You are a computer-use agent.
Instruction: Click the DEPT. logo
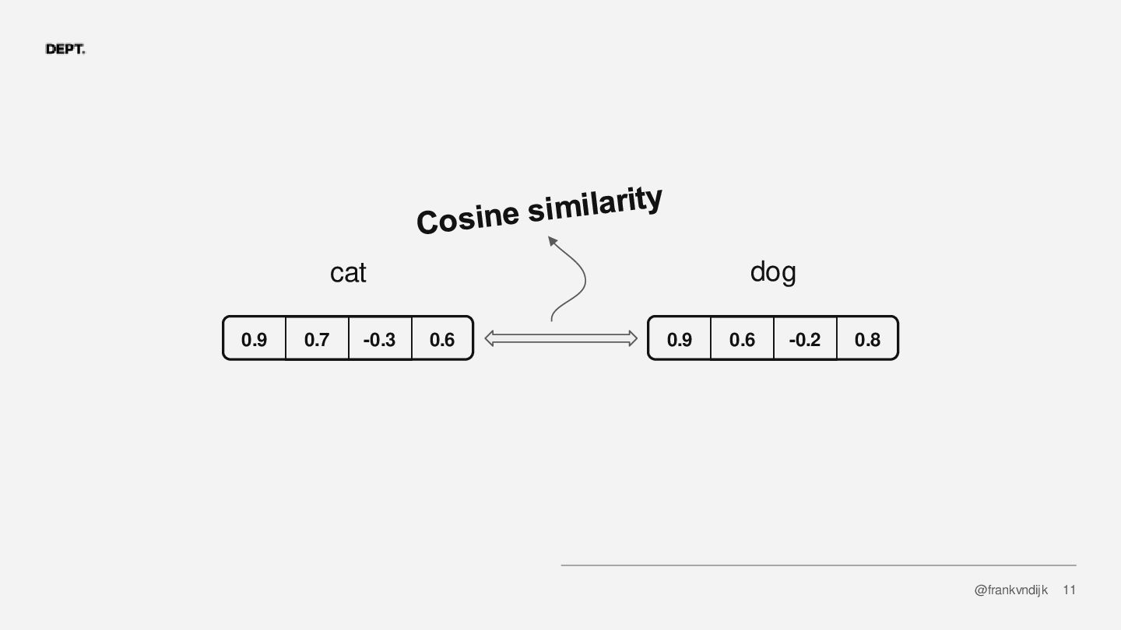click(x=65, y=50)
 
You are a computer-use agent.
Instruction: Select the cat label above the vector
click(x=348, y=273)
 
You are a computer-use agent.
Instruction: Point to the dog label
click(x=773, y=272)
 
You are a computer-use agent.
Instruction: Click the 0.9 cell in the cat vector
click(x=254, y=339)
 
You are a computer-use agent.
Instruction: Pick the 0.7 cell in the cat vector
click(x=317, y=339)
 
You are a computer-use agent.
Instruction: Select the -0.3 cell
click(x=379, y=339)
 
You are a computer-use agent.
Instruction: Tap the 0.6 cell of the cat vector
click(x=442, y=339)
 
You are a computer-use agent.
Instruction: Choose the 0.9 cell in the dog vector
click(x=680, y=339)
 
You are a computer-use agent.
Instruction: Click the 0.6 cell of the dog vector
click(x=742, y=339)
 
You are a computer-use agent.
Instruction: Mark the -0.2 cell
click(x=804, y=339)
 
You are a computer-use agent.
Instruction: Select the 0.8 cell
click(x=867, y=339)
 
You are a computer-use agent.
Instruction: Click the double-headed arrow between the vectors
click(x=560, y=338)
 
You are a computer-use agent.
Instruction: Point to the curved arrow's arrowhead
click(x=553, y=241)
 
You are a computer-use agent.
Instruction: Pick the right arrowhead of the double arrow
click(x=632, y=338)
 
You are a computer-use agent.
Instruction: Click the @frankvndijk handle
click(x=1010, y=590)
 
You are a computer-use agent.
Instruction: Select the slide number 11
click(x=1070, y=590)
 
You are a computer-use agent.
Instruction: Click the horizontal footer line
click(x=817, y=565)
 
